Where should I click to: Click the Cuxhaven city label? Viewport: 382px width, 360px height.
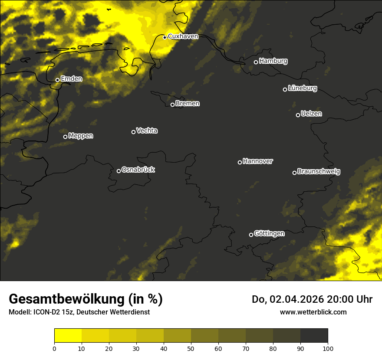[x=183, y=36]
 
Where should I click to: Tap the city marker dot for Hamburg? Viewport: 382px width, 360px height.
[x=256, y=62]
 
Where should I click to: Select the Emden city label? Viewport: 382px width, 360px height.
[x=71, y=79]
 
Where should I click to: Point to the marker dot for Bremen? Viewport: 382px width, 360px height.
[x=172, y=105]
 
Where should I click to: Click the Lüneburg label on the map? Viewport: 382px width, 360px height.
[x=302, y=88]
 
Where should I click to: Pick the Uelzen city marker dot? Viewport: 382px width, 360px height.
[x=298, y=115]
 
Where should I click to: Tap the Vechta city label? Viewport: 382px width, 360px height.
[x=147, y=131]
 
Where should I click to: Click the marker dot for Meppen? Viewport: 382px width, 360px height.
[x=65, y=137]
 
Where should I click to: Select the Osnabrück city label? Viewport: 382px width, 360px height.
[x=138, y=170]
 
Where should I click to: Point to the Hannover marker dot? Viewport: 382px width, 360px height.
[x=240, y=162]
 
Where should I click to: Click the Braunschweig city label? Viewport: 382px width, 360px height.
[x=319, y=171]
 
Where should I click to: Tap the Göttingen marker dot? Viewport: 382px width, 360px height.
[x=251, y=235]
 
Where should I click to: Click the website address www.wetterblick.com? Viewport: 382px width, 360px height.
[x=313, y=312]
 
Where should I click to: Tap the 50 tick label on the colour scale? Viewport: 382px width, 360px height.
[x=191, y=348]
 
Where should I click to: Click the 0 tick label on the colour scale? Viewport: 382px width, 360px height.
[x=54, y=348]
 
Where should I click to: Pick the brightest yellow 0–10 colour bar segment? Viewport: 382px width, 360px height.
[x=68, y=336]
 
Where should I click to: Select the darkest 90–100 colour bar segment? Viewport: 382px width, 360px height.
[x=314, y=336]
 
